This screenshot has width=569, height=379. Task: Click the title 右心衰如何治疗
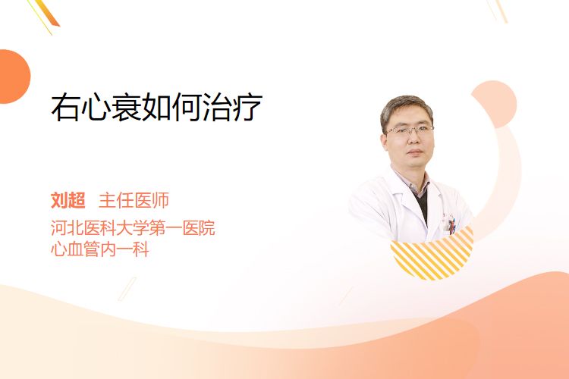tap(157, 107)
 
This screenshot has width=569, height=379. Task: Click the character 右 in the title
tap(65, 107)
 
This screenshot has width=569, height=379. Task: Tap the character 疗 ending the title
tap(248, 107)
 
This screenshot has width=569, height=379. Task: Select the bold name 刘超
tap(68, 200)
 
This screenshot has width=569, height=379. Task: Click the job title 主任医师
tap(134, 200)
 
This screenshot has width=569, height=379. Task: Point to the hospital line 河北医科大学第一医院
tap(133, 227)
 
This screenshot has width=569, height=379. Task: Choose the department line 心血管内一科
tap(100, 249)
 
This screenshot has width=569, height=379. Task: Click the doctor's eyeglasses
tap(410, 130)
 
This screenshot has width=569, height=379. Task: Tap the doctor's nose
tap(413, 139)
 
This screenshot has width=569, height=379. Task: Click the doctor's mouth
tap(415, 152)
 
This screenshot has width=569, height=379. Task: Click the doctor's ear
tap(385, 143)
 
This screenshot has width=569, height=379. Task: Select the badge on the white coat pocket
tap(451, 224)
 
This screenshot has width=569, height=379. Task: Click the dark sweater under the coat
tap(422, 203)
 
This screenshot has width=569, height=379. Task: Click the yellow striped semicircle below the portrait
tap(432, 256)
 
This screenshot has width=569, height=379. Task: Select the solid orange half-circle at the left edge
tap(14, 77)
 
